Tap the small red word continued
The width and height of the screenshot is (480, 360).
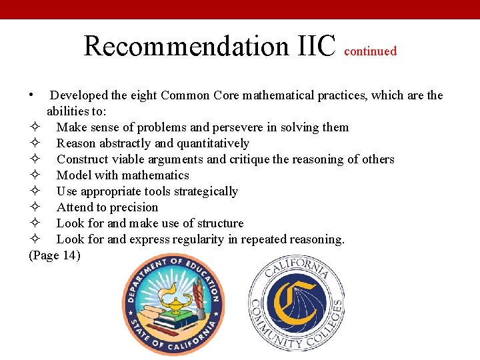[x=371, y=51]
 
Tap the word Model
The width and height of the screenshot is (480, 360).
[x=73, y=175]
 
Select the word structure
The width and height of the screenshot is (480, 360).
[x=220, y=223]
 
